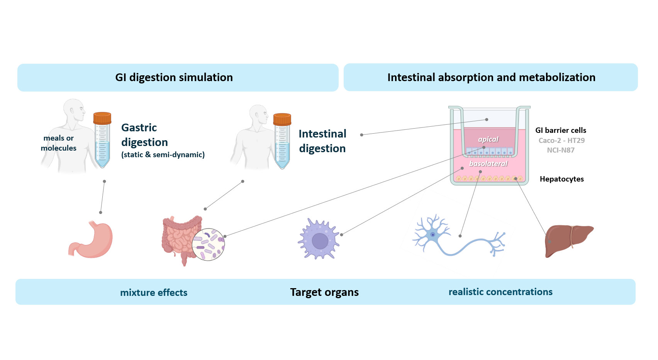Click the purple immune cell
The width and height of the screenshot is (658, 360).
pyautogui.click(x=319, y=239)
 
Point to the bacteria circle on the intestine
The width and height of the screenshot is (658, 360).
pyautogui.click(x=208, y=245)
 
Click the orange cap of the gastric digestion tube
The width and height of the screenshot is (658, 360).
pyautogui.click(x=102, y=118)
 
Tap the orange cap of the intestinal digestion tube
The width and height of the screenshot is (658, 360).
pyautogui.click(x=282, y=119)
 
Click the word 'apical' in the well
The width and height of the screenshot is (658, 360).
pyautogui.click(x=488, y=139)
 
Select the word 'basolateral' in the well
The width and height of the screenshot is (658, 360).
pyautogui.click(x=488, y=164)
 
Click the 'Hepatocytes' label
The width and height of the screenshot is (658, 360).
pyautogui.click(x=561, y=179)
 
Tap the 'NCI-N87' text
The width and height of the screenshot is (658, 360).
pyautogui.click(x=560, y=150)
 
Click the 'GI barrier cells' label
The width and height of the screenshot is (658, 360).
pyautogui.click(x=560, y=130)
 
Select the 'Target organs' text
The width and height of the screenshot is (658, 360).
pyautogui.click(x=324, y=292)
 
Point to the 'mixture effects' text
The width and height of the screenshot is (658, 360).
pyautogui.click(x=154, y=293)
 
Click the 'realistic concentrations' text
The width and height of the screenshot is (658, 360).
pyautogui.click(x=500, y=292)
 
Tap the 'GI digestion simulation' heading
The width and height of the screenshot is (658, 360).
pyautogui.click(x=174, y=77)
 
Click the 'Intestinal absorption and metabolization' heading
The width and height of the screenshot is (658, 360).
pyautogui.click(x=491, y=77)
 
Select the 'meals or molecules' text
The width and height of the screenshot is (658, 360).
pyautogui.click(x=58, y=143)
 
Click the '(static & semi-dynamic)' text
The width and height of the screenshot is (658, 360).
pyautogui.click(x=163, y=155)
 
